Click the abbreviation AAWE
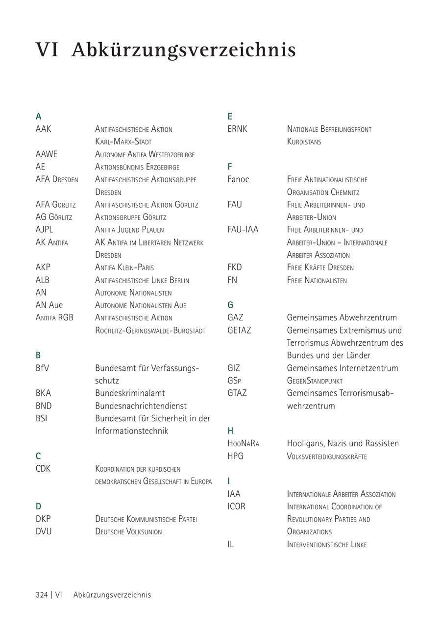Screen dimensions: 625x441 (47, 154)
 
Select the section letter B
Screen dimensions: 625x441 (38, 355)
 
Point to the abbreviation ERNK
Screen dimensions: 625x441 (237, 129)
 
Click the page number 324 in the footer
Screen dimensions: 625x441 (42, 595)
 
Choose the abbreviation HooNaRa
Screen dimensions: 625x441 (243, 443)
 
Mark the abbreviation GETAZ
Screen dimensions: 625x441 (239, 330)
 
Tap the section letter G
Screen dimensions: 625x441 (230, 305)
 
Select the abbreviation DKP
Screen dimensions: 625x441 (43, 519)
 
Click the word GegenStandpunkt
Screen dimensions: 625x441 (315, 381)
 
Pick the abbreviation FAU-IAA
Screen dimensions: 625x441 (243, 229)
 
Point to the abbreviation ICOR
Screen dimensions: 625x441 (236, 506)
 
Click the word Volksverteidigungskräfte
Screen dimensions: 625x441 (326, 456)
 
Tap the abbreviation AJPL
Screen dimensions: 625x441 (44, 229)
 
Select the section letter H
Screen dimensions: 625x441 (230, 431)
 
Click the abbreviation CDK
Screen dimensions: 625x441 (43, 469)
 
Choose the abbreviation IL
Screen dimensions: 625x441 (230, 544)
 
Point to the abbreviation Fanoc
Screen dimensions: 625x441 (238, 179)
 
